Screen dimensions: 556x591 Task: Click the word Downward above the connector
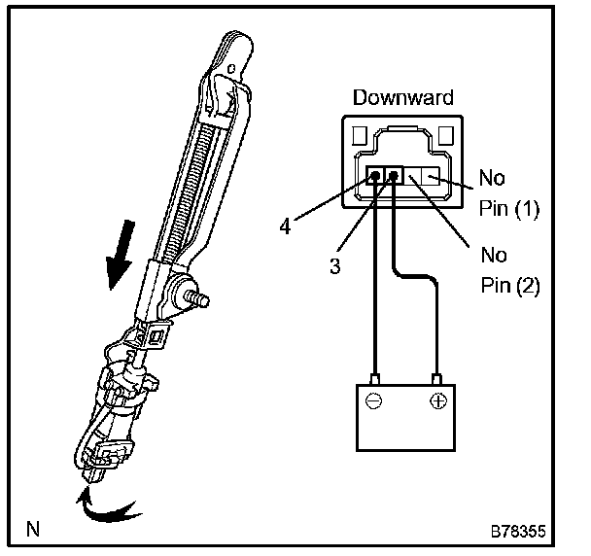tap(402, 97)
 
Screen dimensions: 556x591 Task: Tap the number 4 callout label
tap(284, 226)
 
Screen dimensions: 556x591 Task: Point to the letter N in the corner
tap(34, 530)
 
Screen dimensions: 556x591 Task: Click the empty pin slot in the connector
tap(426, 178)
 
